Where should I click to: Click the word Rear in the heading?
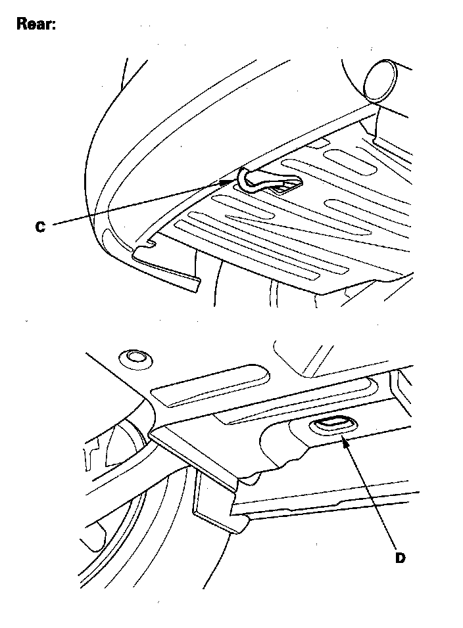pyautogui.click(x=36, y=24)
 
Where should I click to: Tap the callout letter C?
pyautogui.click(x=40, y=227)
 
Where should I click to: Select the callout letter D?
pyautogui.click(x=400, y=558)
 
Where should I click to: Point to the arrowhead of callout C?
pyautogui.click(x=228, y=181)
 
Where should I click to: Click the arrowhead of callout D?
pyautogui.click(x=345, y=442)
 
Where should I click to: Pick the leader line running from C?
pyautogui.click(x=137, y=203)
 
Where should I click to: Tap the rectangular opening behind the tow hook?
pyautogui.click(x=285, y=187)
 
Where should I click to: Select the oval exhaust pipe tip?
pyautogui.click(x=379, y=80)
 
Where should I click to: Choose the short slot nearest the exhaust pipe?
pyautogui.click(x=350, y=160)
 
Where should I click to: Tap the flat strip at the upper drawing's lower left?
pyautogui.click(x=166, y=267)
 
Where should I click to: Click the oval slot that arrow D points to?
pyautogui.click(x=332, y=425)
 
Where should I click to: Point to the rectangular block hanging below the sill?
pyautogui.click(x=218, y=501)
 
